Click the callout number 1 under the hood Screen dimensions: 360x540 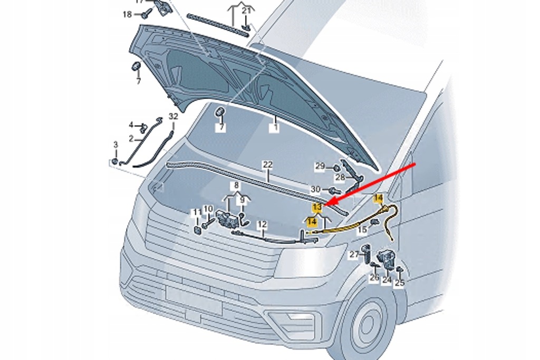pyautogui.click(x=275, y=128)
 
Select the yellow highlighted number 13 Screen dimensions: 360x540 pyautogui.click(x=316, y=207)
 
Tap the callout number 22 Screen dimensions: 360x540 pyautogui.click(x=268, y=165)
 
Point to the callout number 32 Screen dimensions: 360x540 pyautogui.click(x=173, y=116)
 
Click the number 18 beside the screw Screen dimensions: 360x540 pyautogui.click(x=127, y=14)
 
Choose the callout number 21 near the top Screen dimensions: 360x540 pyautogui.click(x=246, y=11)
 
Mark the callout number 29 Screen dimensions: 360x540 pyautogui.click(x=320, y=166)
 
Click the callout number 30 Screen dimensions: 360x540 pyautogui.click(x=315, y=189)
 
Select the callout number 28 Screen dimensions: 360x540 pyautogui.click(x=340, y=177)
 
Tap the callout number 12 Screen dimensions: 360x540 pyautogui.click(x=262, y=225)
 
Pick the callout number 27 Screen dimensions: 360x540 pyautogui.click(x=354, y=255)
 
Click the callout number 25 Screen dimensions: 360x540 pyautogui.click(x=399, y=283)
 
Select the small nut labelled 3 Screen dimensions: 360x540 pyautogui.click(x=115, y=161)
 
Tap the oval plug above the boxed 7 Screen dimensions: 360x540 pyautogui.click(x=220, y=112)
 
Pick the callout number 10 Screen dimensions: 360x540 pyautogui.click(x=208, y=209)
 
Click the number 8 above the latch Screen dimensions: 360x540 pyautogui.click(x=237, y=186)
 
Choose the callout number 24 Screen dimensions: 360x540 pyautogui.click(x=387, y=280)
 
